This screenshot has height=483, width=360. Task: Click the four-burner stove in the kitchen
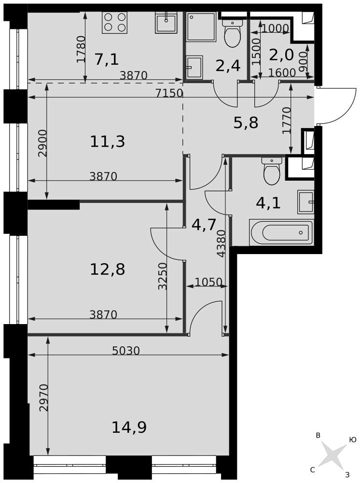pyautogui.click(x=114, y=23)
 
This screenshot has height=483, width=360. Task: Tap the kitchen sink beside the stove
pyautogui.click(x=166, y=22)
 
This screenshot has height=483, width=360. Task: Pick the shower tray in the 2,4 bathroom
pyautogui.click(x=201, y=27)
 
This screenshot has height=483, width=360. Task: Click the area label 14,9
pyautogui.click(x=129, y=427)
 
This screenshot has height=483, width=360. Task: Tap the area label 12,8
pyautogui.click(x=108, y=270)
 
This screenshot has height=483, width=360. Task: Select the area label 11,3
pyautogui.click(x=108, y=142)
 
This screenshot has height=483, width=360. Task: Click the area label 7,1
pyautogui.click(x=107, y=59)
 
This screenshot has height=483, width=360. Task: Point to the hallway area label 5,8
pyautogui.click(x=246, y=123)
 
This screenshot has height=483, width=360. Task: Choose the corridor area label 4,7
pyautogui.click(x=204, y=225)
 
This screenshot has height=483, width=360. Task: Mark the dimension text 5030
pyautogui.click(x=126, y=351)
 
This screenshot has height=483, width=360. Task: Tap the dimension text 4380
pyautogui.click(x=221, y=243)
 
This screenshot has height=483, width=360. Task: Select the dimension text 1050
pyautogui.click(x=208, y=282)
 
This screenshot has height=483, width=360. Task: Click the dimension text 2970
pyautogui.click(x=44, y=398)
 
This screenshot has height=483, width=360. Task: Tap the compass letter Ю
pyautogui.click(x=353, y=440)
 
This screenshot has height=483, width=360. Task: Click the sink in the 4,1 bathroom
pyautogui.click(x=306, y=202)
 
